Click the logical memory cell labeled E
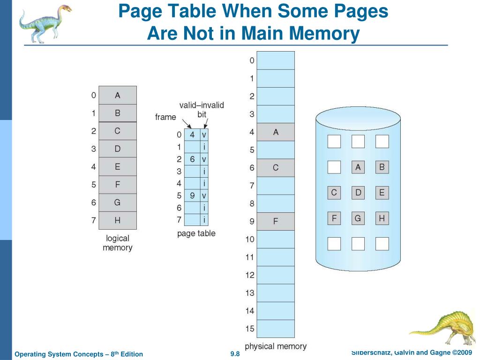117,166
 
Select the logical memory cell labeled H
117,220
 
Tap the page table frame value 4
192,135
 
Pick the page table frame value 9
192,195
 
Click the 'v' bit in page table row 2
204,159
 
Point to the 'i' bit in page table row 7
204,219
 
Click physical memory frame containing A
276,132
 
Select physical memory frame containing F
276,221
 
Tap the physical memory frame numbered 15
276,329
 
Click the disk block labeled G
358,218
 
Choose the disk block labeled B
382,167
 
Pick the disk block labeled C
334,192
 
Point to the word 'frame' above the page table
165,117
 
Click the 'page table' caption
196,233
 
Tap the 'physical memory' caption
276,346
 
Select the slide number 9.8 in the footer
235,354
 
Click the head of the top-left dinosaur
64,9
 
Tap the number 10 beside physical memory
250,240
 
